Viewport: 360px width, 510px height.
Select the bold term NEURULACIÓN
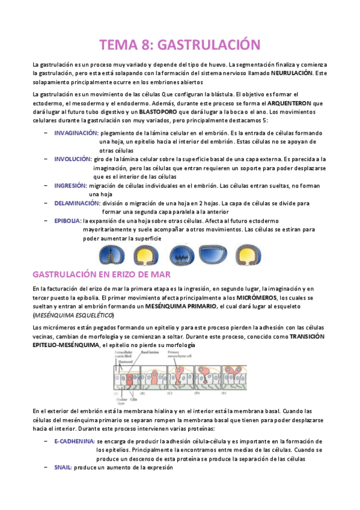[291, 73]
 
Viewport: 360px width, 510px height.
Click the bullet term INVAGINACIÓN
[76, 132]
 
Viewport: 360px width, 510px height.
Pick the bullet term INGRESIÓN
[71, 186]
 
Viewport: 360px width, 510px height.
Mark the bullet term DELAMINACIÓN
[77, 203]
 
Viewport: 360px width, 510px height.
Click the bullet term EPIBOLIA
[67, 221]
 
